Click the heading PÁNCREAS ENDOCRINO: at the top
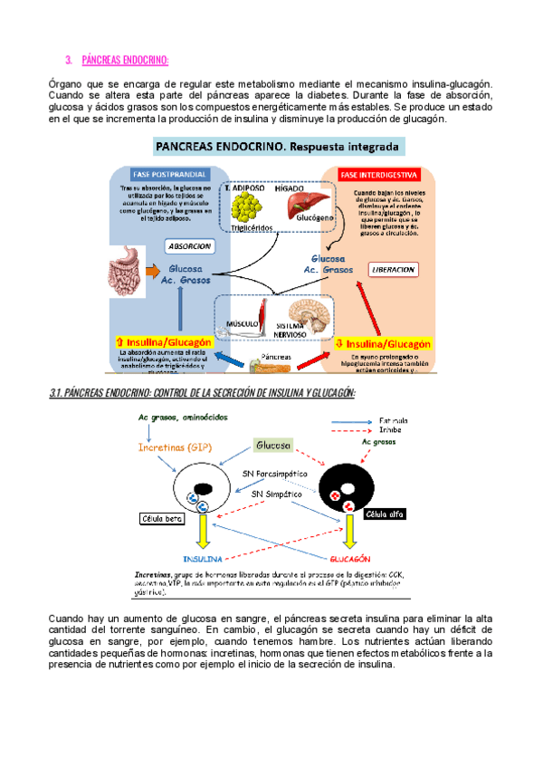[x=125, y=61]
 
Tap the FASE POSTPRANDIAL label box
[x=172, y=175]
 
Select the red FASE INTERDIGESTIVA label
[x=376, y=175]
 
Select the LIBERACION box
[x=392, y=270]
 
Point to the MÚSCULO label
[x=243, y=323]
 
